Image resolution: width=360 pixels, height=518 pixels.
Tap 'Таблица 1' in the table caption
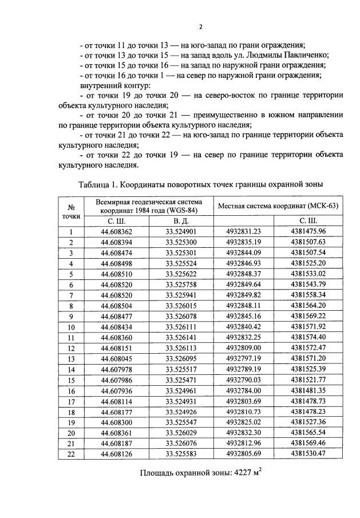(98, 184)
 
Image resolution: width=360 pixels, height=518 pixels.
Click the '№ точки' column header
(72, 211)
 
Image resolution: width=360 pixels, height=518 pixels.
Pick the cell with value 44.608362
(116, 232)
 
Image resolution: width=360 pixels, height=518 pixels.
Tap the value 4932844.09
(243, 253)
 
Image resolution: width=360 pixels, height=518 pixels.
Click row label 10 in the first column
(72, 327)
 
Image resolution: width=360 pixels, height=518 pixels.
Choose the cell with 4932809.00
(243, 348)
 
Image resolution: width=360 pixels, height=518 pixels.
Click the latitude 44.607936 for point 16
(116, 390)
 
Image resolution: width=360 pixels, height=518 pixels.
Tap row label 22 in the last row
(72, 454)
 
